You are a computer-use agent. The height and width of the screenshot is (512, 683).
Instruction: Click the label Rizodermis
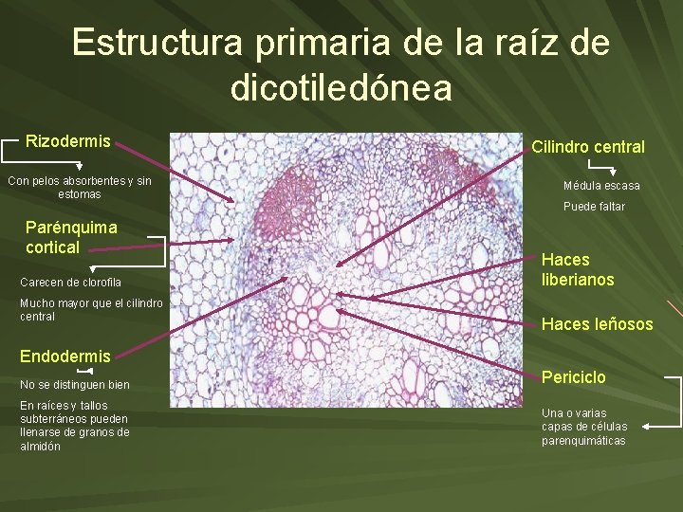tap(67, 141)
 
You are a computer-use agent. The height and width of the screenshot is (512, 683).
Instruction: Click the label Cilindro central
tap(587, 146)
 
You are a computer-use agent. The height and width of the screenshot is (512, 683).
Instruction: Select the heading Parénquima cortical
tap(71, 237)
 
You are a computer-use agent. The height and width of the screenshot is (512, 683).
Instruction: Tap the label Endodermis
tap(65, 356)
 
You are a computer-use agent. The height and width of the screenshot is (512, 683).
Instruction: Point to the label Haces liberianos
tap(578, 269)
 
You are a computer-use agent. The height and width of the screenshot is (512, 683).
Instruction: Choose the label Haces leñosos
tap(597, 324)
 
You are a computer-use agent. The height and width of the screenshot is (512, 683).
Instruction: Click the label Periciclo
tap(573, 376)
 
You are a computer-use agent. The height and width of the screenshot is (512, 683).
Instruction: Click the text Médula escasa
tap(601, 186)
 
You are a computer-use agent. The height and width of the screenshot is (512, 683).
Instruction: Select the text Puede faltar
tap(594, 207)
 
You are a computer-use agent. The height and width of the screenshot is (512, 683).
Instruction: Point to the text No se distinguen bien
tap(74, 385)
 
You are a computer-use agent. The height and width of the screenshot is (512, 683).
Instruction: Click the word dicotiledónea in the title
tap(341, 88)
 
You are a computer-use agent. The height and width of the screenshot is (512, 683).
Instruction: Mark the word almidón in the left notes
tap(40, 446)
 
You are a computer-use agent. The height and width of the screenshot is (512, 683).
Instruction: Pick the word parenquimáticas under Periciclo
tap(583, 440)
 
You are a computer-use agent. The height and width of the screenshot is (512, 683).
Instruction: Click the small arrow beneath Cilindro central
tap(600, 167)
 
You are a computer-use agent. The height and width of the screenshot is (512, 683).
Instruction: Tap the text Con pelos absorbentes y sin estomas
tap(79, 187)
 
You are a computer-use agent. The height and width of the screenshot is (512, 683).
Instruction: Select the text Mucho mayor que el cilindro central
tap(91, 309)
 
